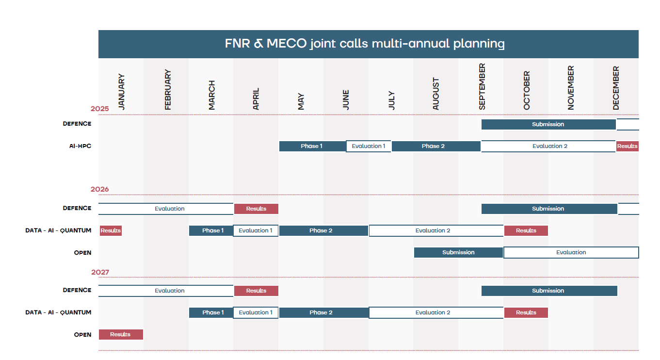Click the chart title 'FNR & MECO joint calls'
click(x=365, y=44)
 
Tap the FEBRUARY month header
click(x=168, y=89)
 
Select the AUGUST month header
click(x=435, y=94)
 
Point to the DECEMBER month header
click(x=616, y=88)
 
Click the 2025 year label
click(x=99, y=109)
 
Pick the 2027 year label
click(x=100, y=272)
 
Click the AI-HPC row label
click(x=80, y=146)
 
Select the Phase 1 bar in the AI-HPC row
click(x=311, y=146)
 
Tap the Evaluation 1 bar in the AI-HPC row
click(x=369, y=146)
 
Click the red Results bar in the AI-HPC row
click(x=627, y=146)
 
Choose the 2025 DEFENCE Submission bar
click(x=548, y=124)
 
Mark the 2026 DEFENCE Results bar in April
click(x=256, y=209)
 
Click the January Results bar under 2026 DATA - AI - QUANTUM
click(x=111, y=230)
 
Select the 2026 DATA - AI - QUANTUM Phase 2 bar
click(x=321, y=230)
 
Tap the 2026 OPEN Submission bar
click(x=458, y=252)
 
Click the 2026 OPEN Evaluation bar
click(x=571, y=252)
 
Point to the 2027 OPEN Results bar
click(x=120, y=334)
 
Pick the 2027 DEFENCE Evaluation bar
click(x=170, y=291)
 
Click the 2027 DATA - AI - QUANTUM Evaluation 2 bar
click(x=433, y=312)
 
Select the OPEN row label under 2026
click(x=82, y=253)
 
